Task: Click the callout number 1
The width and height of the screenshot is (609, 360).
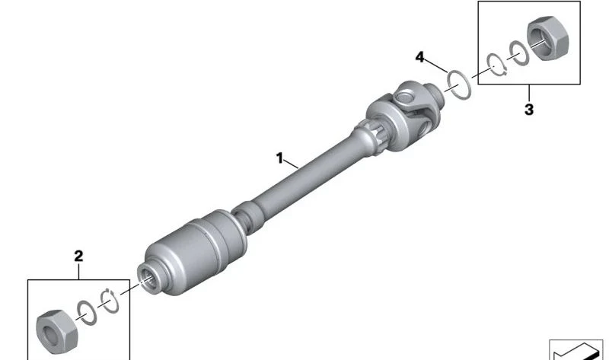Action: pos(279,158)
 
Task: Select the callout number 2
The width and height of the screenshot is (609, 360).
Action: pos(78,256)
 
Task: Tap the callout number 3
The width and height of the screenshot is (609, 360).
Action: pos(529,110)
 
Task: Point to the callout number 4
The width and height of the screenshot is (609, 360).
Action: pos(419,57)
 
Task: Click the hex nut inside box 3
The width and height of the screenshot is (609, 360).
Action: pos(547,38)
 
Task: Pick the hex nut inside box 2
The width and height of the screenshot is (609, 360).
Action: pos(56,332)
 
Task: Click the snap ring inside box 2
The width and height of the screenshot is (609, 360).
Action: pos(110,301)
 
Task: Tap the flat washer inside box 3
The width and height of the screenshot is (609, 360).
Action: pos(519,53)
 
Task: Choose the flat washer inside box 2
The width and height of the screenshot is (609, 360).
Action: pos(87,313)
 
